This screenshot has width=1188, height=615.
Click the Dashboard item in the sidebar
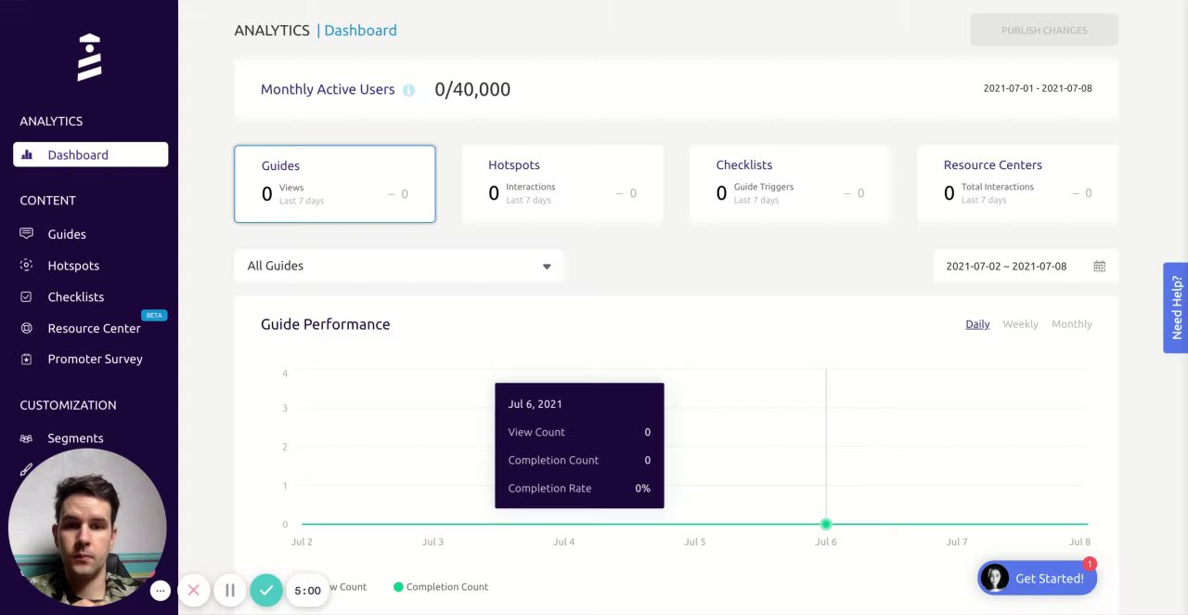tap(90, 155)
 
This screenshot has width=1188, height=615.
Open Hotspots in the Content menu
tap(73, 266)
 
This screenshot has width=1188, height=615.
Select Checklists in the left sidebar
tap(75, 297)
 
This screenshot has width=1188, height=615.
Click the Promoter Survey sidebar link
tap(95, 360)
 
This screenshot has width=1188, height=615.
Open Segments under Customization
tap(75, 438)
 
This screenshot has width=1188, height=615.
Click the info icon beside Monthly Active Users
tap(408, 90)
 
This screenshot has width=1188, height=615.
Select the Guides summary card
tap(334, 184)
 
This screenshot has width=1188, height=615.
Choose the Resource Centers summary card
tap(1017, 184)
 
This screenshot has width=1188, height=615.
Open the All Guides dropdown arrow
tap(547, 267)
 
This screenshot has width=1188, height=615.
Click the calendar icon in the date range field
tap(1099, 267)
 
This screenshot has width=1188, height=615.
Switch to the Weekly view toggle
tap(1020, 324)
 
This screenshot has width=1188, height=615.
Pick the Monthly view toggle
tap(1071, 324)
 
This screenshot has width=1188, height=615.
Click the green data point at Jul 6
tap(826, 524)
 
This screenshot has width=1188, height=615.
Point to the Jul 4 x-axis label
tap(563, 542)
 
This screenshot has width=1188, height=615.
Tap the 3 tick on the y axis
tap(285, 408)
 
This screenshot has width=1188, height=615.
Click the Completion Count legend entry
tap(441, 587)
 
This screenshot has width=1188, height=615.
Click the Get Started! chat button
tap(1037, 579)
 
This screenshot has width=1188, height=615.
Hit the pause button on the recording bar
tap(229, 590)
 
